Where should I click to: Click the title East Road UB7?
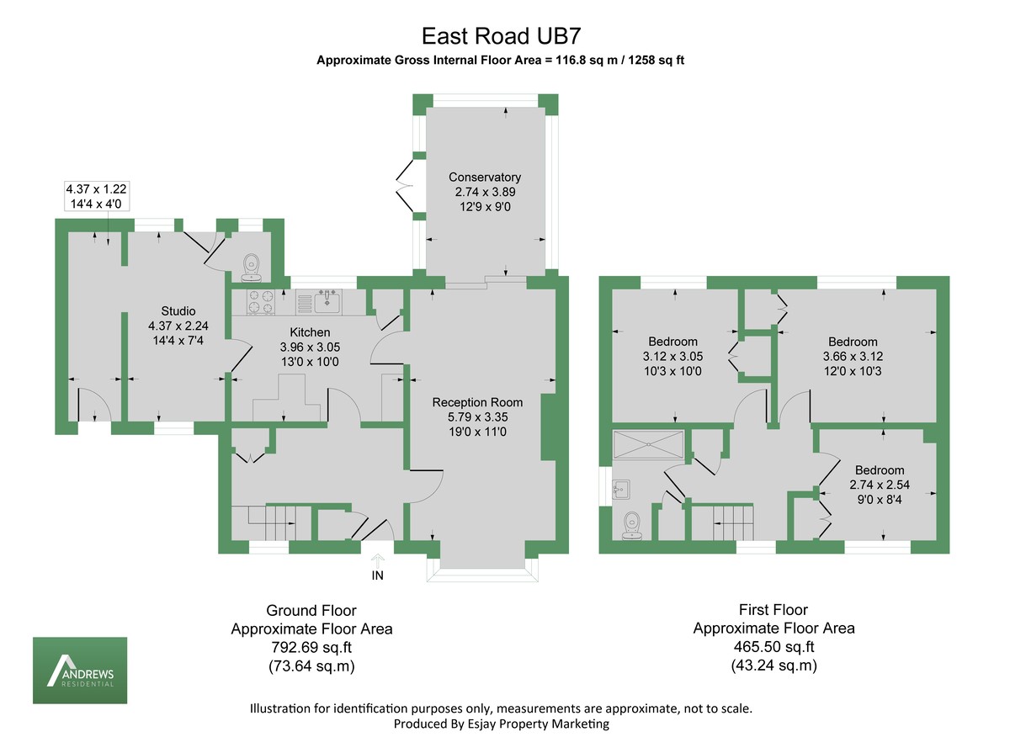pos(502,36)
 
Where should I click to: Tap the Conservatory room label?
pos(484,178)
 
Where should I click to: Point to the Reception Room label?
pos(477,402)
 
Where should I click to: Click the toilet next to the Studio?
pos(251,268)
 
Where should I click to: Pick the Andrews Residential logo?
pos(80,670)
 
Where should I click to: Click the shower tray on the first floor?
pos(649,444)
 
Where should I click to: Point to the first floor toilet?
pos(633,526)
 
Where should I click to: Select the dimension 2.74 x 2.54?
pos(880,485)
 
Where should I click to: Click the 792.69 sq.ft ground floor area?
pos(311,648)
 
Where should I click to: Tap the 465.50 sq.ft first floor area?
pos(773,647)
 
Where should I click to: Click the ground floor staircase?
pos(269,523)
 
